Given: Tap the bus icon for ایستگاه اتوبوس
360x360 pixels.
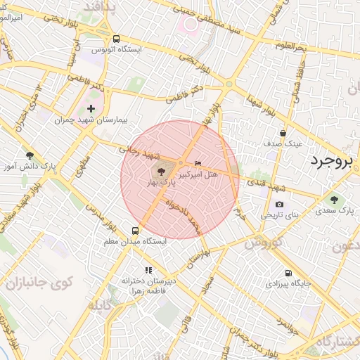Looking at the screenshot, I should tap(116, 39).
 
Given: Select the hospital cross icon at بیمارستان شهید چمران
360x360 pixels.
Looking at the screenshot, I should tap(91, 108).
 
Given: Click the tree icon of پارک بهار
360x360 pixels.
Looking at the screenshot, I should tap(161, 171).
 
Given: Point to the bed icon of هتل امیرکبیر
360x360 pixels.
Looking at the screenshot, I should tap(198, 163).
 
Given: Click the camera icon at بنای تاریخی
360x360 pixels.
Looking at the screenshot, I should tap(279, 205).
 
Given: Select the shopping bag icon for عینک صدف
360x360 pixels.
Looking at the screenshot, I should tap(283, 133).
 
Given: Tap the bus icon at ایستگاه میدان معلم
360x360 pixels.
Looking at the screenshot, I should tap(135, 230).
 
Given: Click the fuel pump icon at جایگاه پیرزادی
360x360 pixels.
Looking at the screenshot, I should tap(288, 274).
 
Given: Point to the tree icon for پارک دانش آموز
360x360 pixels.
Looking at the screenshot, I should tap(30, 155).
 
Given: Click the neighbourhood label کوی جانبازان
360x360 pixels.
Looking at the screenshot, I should tap(41, 284).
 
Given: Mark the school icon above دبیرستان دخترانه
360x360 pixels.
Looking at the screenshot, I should tap(148, 269).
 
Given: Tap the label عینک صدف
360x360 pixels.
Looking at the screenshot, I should tap(283, 143).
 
